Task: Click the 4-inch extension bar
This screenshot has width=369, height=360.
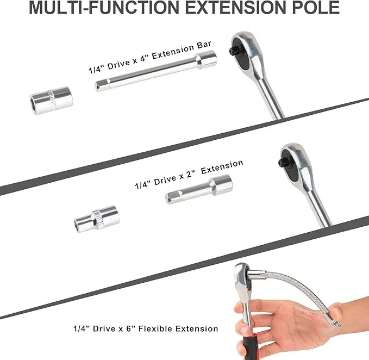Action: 155,71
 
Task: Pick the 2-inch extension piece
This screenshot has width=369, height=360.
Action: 198,189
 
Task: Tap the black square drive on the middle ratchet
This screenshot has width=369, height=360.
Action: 283,162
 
